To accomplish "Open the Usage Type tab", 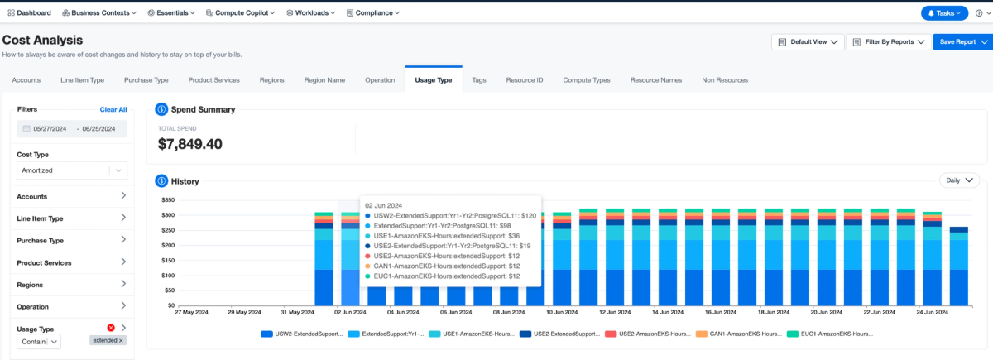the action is click(x=433, y=79).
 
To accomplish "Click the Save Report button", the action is click(x=962, y=41).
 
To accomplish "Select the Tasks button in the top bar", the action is click(x=944, y=13).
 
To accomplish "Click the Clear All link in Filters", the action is click(x=113, y=109).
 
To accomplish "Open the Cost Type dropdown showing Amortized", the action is click(x=72, y=170).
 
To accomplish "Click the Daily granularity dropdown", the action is click(x=959, y=180).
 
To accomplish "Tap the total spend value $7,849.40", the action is click(x=190, y=144).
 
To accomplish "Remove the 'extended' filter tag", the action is click(x=121, y=340).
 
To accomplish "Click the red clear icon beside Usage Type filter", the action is click(x=111, y=328).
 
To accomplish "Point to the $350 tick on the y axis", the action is click(x=168, y=200).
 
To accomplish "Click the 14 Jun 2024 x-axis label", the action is click(x=668, y=312).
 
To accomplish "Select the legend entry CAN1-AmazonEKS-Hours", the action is click(x=739, y=334).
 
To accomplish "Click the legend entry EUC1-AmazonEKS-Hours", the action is click(x=830, y=334).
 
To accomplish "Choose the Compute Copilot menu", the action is click(x=241, y=13).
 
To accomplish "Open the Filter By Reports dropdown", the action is click(x=889, y=41).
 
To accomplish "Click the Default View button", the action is click(x=808, y=41).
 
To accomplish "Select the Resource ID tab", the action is click(x=525, y=80).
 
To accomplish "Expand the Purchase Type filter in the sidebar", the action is click(x=72, y=240).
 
